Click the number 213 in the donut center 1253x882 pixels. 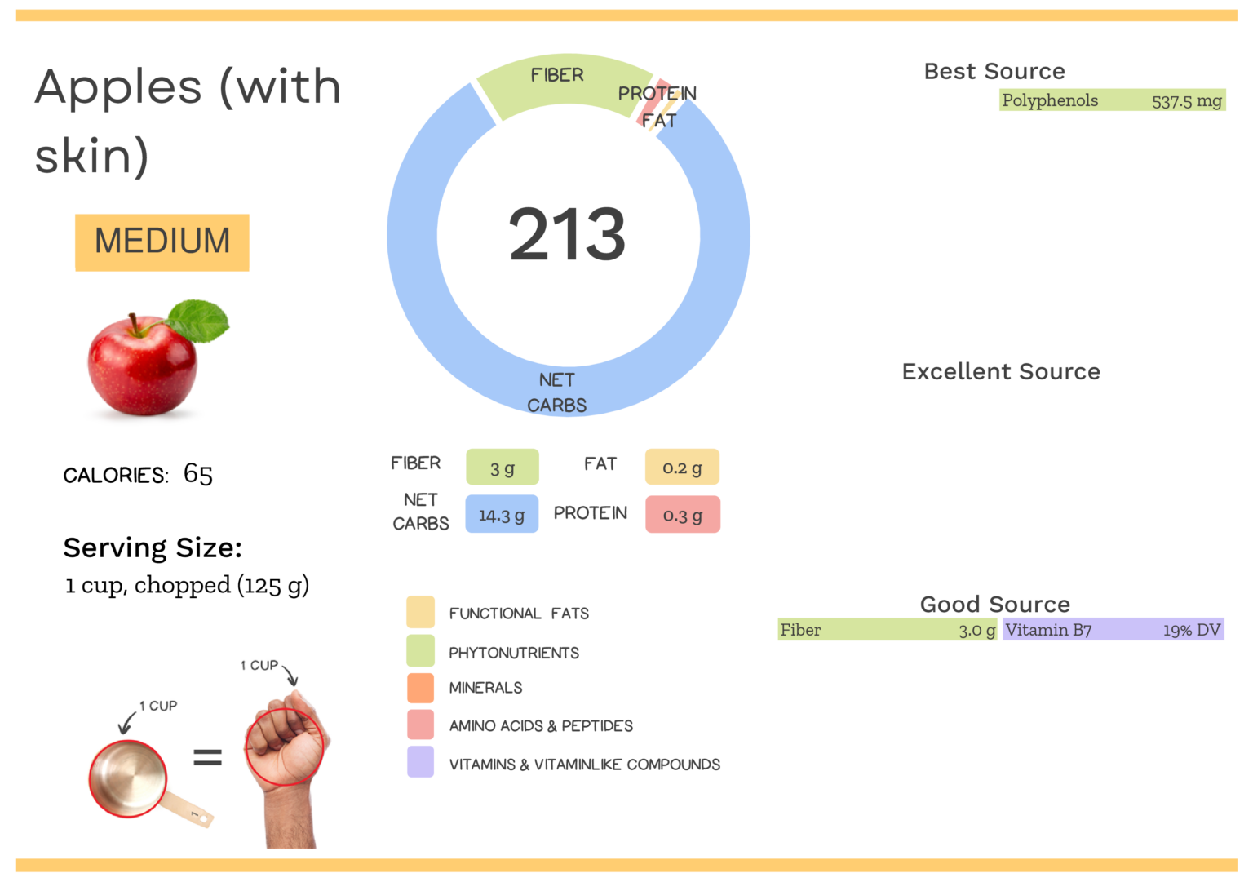coord(567,235)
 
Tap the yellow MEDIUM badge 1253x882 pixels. coord(162,242)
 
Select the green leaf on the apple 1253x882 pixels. coord(201,320)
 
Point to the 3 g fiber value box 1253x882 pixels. coord(502,468)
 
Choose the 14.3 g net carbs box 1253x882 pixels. coord(502,515)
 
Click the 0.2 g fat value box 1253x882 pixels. coord(682,468)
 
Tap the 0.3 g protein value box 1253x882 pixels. coord(682,515)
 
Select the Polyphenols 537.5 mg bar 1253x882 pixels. coord(1112,100)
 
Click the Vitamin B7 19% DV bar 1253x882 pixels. coord(1113,630)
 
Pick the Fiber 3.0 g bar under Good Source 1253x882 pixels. coord(887,630)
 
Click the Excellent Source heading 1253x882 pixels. coord(1001,372)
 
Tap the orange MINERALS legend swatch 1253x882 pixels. coord(420,688)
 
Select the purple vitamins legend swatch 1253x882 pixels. coord(420,762)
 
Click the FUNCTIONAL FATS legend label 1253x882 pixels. coord(519,614)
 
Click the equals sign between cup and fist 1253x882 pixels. coord(207,758)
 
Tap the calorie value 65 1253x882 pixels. coord(198,474)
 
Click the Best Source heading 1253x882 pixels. coord(994,72)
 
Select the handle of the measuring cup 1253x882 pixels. coord(191,809)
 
